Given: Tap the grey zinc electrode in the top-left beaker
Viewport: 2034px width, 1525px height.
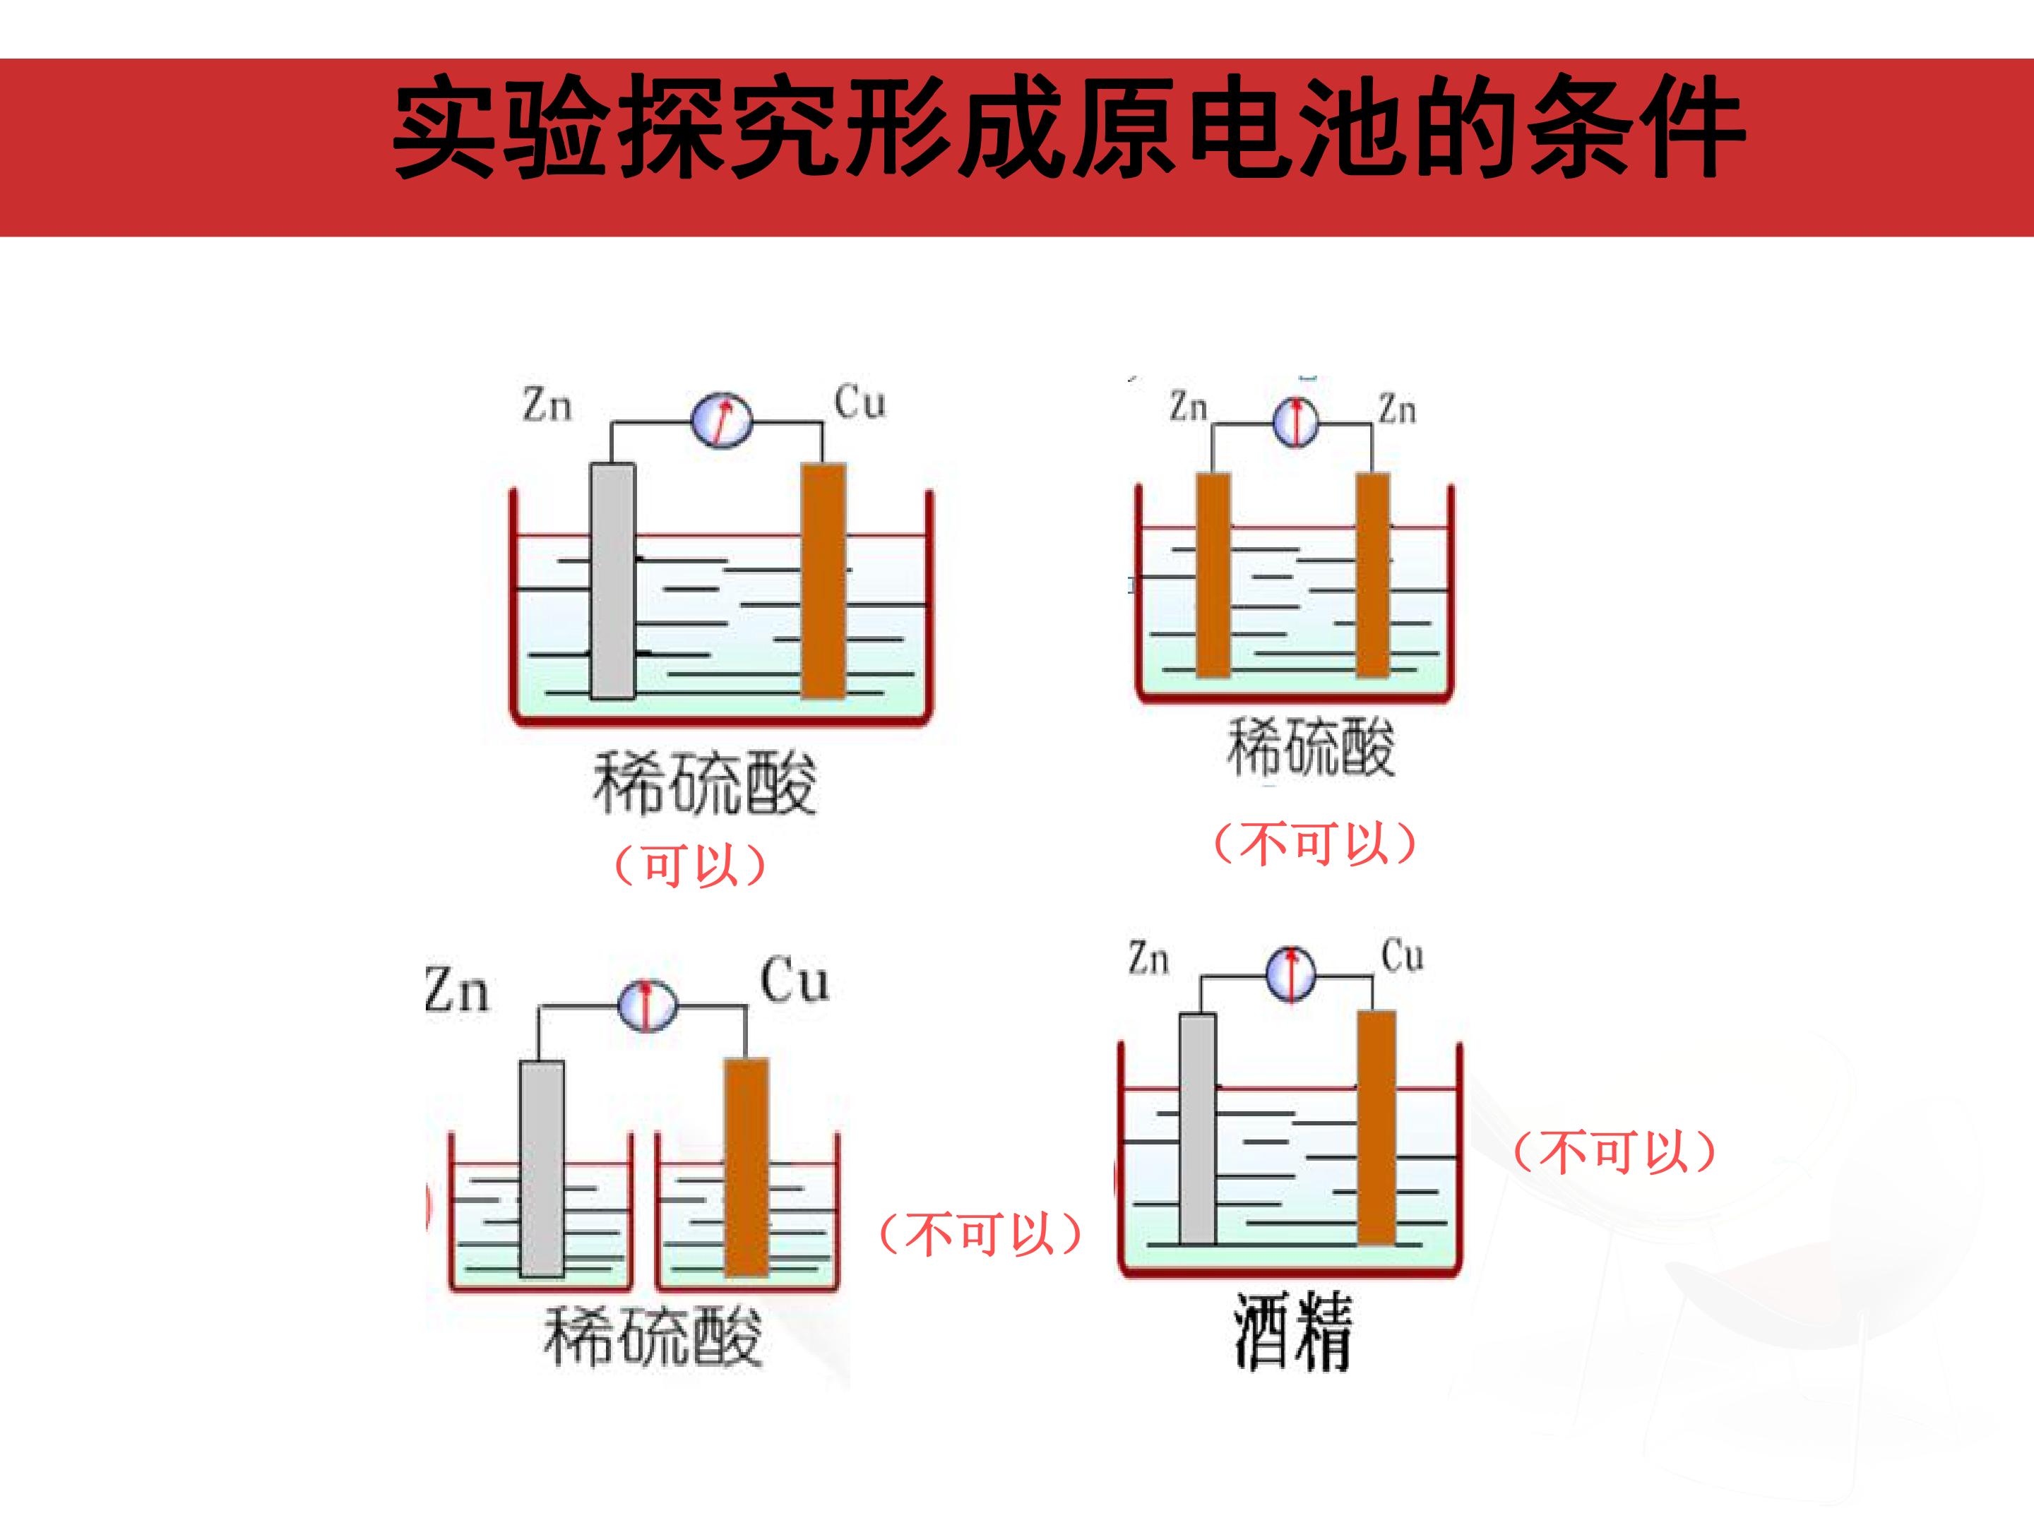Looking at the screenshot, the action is click(612, 581).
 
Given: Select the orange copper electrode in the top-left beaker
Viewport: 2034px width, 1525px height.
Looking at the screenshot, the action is click(824, 580).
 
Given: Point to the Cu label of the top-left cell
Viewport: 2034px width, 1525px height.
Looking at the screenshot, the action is click(860, 402).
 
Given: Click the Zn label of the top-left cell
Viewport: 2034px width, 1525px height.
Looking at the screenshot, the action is click(547, 405).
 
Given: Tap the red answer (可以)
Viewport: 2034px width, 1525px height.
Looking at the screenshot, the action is click(689, 865).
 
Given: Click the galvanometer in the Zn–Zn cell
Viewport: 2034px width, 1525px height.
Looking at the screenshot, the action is click(1296, 422).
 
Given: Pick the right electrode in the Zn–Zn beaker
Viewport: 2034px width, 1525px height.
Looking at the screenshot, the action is click(1373, 575).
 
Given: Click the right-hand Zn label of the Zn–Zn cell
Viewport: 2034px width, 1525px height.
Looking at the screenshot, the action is click(1397, 407).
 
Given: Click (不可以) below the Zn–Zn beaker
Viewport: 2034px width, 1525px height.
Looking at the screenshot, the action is click(1315, 843).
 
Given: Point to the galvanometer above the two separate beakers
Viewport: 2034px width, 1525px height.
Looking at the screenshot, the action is click(646, 1005).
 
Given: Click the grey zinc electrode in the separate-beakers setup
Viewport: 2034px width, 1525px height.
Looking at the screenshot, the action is click(542, 1168).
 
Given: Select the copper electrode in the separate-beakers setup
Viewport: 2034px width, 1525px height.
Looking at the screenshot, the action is click(747, 1168).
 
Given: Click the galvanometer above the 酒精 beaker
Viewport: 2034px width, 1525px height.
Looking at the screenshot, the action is click(1291, 974).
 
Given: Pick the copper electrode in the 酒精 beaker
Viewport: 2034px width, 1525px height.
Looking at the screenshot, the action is click(1376, 1128).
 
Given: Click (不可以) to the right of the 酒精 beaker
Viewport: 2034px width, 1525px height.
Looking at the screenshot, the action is click(1614, 1151).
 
